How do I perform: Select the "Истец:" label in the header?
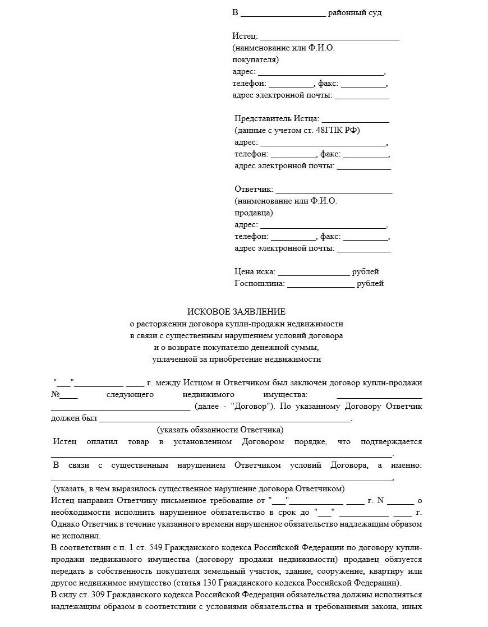coord(245,36)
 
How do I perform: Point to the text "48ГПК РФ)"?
coord(338,131)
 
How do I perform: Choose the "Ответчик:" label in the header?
coord(254,190)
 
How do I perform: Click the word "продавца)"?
coord(254,213)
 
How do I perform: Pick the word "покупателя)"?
coord(255,60)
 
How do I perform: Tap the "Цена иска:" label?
coord(255,272)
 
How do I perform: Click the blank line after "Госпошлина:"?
coord(320,285)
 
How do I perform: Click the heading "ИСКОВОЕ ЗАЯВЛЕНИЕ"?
coord(236,312)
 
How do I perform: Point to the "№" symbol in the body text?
coord(55,394)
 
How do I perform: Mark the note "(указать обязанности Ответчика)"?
coord(220,430)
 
